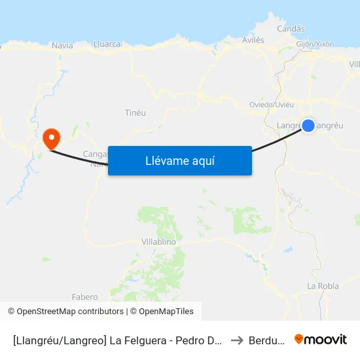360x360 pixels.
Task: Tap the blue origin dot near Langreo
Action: click(308, 125)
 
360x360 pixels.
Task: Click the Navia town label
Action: click(62, 45)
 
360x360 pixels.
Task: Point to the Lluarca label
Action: click(107, 44)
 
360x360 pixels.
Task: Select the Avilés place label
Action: click(253, 40)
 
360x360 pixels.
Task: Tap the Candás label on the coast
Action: click(291, 29)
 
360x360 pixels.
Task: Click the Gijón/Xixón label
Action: click(315, 44)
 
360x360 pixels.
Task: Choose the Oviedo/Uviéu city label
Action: click(272, 104)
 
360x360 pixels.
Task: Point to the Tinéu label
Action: click(135, 113)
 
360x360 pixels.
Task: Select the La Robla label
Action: click(323, 286)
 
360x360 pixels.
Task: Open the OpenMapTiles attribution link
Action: click(166, 312)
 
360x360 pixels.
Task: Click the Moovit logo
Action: click(321, 339)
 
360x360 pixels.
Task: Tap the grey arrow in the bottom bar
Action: click(237, 340)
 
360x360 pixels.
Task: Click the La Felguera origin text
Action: click(164, 340)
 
